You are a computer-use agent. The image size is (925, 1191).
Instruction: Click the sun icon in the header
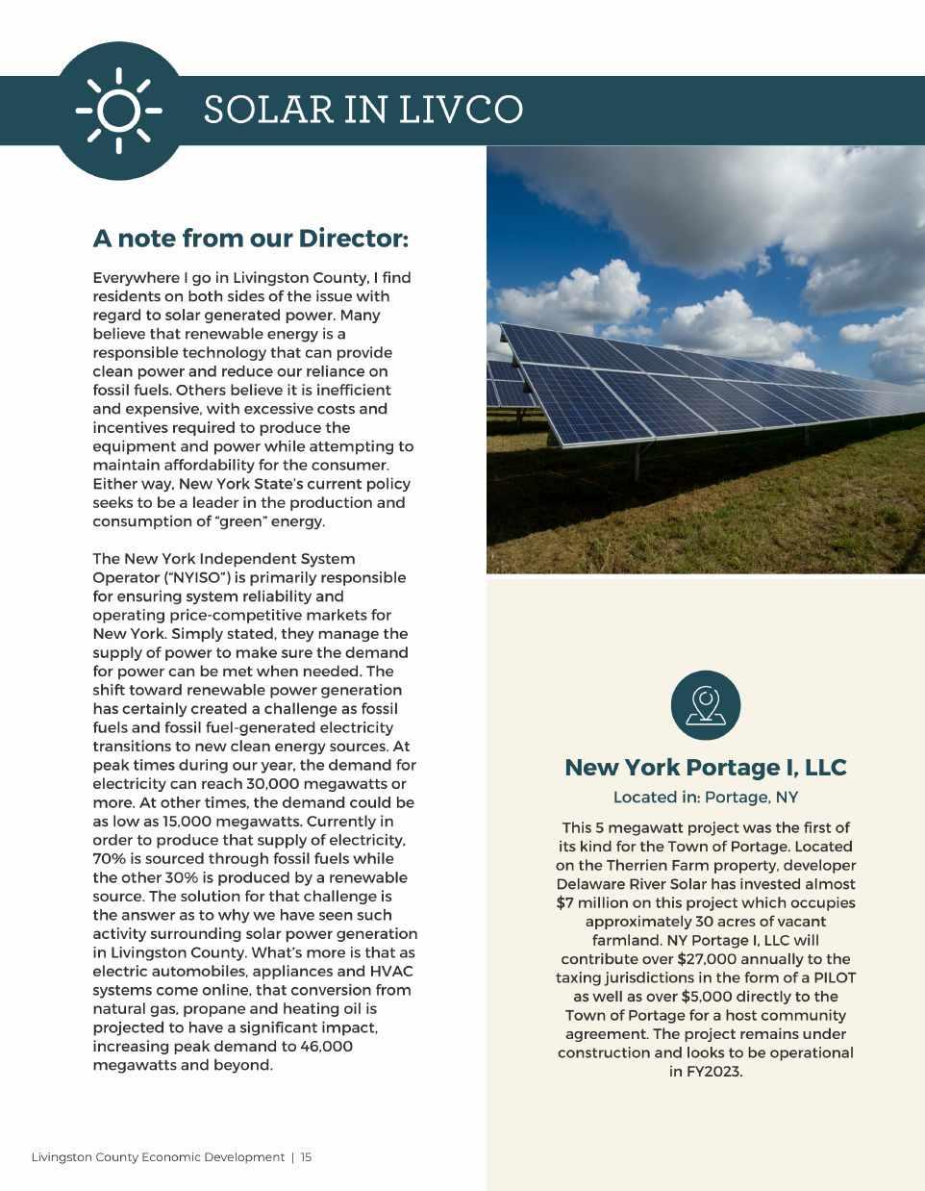(118, 111)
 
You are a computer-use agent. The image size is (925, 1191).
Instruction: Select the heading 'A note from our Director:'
(250, 238)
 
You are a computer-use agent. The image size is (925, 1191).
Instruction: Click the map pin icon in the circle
(705, 705)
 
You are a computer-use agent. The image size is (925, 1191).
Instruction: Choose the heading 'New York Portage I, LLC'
(705, 767)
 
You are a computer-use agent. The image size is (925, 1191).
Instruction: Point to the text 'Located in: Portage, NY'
(705, 798)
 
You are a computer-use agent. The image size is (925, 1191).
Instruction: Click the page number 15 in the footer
(306, 1157)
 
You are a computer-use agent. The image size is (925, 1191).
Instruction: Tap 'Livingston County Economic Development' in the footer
(158, 1157)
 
